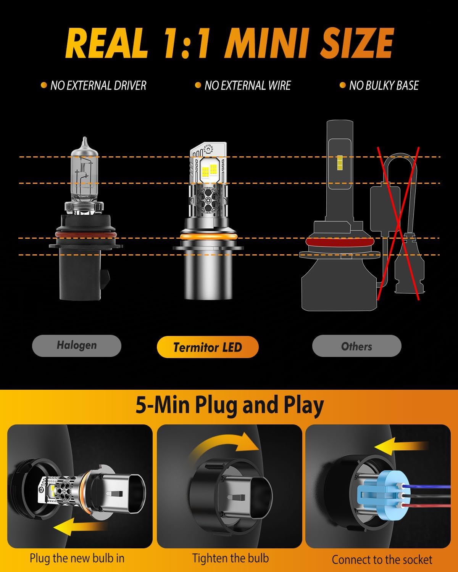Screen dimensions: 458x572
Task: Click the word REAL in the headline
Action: [106, 43]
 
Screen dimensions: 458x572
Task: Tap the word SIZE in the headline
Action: [357, 43]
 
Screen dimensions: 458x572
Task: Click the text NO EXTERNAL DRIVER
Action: [98, 85]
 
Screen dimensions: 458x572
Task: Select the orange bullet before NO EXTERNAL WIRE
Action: [198, 85]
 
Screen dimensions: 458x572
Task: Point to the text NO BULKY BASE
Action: [384, 85]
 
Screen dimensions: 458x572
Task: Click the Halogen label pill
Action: [77, 345]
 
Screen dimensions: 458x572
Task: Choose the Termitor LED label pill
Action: [208, 347]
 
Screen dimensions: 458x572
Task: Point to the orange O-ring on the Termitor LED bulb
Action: [208, 236]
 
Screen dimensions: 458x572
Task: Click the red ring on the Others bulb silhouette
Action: [340, 242]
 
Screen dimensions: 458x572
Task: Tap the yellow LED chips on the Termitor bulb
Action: [210, 170]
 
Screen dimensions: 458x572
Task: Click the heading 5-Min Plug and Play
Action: [230, 405]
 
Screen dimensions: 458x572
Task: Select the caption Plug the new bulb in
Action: [77, 558]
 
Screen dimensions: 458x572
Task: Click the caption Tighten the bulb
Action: [231, 558]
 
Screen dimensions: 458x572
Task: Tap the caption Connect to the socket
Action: [382, 559]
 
